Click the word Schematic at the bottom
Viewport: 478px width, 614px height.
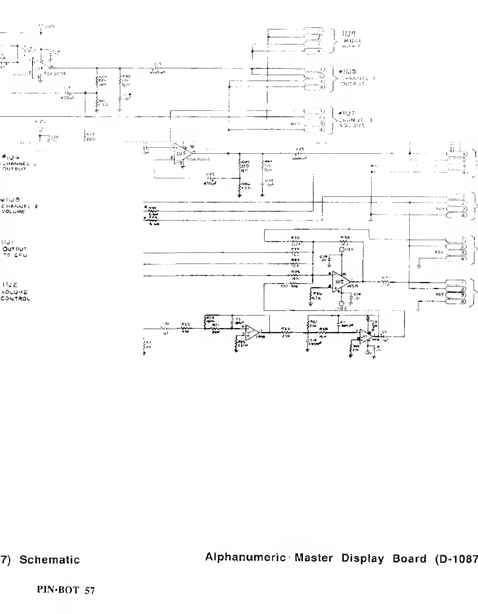coord(50,560)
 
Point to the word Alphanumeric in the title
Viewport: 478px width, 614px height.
coord(245,558)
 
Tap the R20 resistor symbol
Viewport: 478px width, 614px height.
coord(185,328)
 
